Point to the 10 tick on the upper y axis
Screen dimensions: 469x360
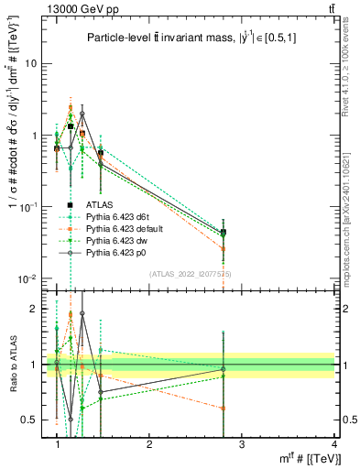[36, 63]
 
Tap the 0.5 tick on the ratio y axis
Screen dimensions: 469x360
[34, 420]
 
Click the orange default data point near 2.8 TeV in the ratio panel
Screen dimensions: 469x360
[223, 409]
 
